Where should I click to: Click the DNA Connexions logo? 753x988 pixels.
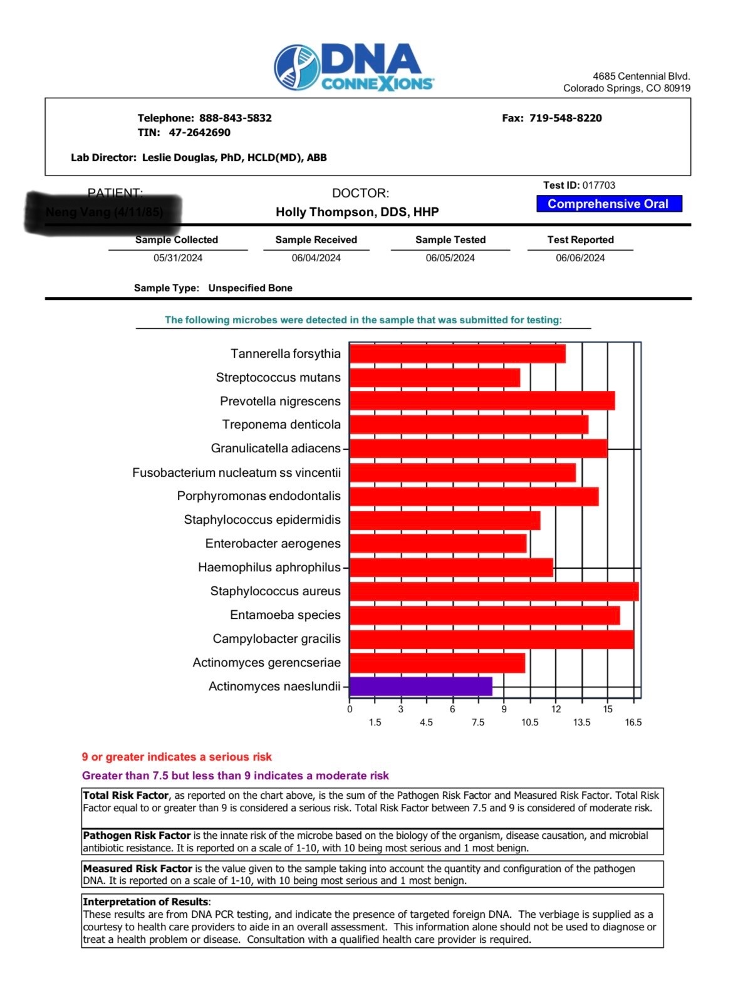354,68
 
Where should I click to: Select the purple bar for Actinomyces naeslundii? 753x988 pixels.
420,686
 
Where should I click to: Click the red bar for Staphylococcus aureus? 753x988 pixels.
494,591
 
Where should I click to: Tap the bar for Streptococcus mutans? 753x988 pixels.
434,378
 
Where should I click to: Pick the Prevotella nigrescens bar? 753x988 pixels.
482,401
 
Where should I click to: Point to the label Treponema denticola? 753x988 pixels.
281,425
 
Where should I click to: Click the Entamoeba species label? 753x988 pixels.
285,615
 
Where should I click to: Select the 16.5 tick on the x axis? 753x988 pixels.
633,722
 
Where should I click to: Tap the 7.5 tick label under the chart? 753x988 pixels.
478,722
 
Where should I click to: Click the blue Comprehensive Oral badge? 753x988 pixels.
608,204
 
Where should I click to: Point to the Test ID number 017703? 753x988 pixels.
598,185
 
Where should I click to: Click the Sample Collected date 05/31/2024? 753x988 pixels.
178,258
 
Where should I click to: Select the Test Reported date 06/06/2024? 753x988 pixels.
580,258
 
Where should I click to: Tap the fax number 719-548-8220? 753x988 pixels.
565,118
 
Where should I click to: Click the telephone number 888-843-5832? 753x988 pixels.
235,118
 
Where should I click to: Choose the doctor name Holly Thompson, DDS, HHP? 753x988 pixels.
357,212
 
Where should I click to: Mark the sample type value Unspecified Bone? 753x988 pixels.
250,288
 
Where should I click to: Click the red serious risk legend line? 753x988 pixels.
177,757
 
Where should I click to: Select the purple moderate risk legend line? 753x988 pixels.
235,776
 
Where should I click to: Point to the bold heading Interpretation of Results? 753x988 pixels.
145,902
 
